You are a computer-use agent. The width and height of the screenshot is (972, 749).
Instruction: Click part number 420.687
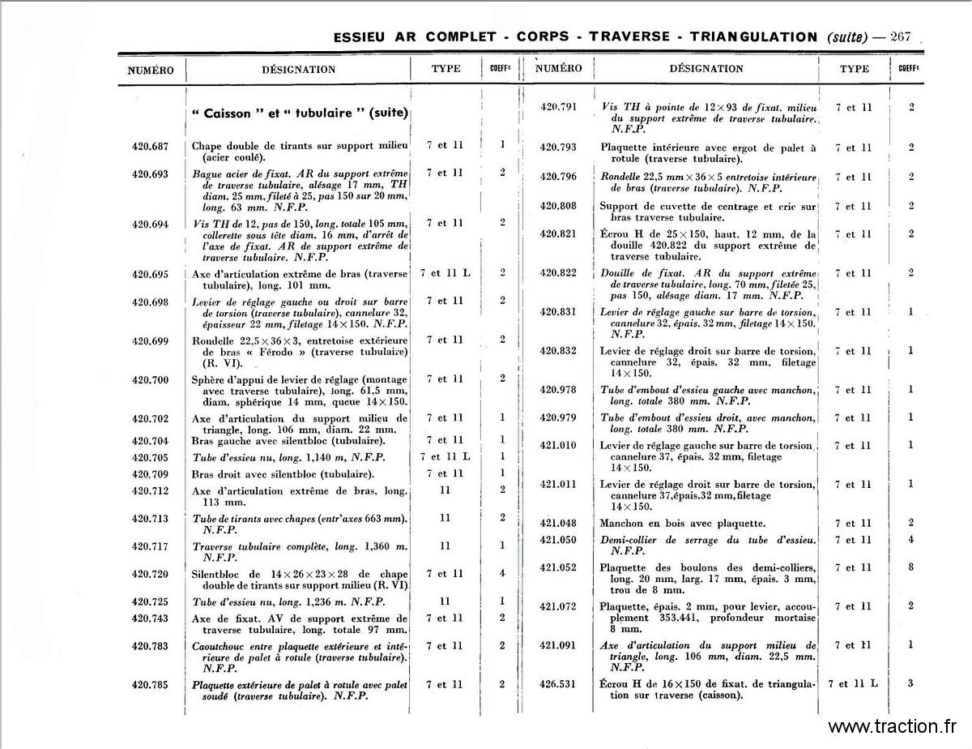150,146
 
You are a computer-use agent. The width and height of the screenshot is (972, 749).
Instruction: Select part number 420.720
150,574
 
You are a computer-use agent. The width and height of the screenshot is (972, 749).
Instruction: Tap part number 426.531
558,683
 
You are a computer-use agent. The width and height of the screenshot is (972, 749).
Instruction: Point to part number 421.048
558,524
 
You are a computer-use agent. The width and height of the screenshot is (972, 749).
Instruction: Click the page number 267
901,36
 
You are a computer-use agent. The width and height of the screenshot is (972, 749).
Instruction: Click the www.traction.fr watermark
893,726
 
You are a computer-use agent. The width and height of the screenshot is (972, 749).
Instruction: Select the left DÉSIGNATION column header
298,70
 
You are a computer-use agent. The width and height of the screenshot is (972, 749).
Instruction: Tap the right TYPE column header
855,70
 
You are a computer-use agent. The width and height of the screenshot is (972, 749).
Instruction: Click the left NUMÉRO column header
151,70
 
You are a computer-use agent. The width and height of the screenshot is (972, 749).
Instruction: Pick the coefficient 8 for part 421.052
911,567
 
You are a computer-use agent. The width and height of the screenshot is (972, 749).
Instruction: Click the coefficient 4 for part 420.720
502,574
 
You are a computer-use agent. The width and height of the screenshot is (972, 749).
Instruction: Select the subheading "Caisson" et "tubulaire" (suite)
300,113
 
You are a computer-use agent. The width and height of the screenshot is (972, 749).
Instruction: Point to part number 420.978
558,390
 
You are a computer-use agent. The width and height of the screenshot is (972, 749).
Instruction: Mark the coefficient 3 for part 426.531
911,683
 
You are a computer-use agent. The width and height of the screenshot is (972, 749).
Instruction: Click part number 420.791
558,107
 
